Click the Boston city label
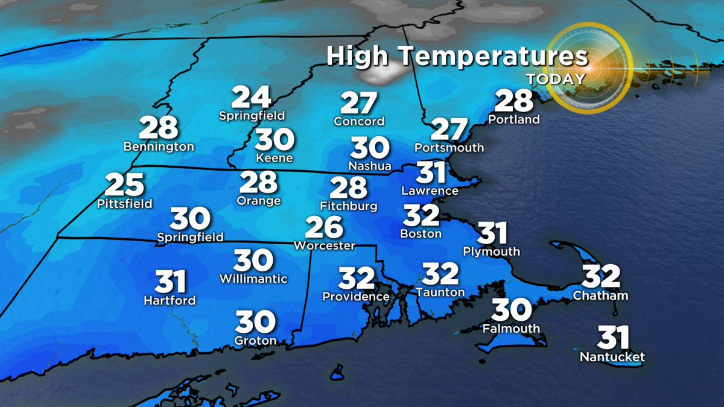(x=421, y=233)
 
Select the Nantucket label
(x=612, y=357)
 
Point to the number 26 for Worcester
(x=324, y=229)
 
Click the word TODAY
(x=556, y=79)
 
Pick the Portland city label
(x=514, y=119)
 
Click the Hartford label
(x=170, y=300)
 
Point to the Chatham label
(x=600, y=295)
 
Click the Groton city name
(x=256, y=341)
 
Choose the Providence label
(x=356, y=297)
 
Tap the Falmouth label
(x=511, y=329)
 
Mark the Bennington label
(x=159, y=147)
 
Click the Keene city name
(x=275, y=159)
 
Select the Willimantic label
(x=253, y=279)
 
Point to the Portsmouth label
(x=449, y=147)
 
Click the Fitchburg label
(x=348, y=206)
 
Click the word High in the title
(x=357, y=57)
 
